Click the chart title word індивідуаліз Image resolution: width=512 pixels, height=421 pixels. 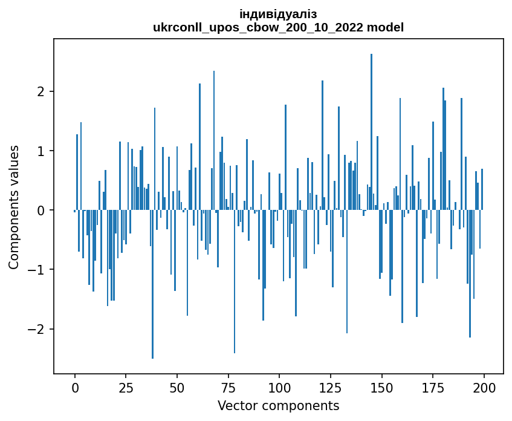click(278, 14)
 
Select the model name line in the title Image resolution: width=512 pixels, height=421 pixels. click(278, 27)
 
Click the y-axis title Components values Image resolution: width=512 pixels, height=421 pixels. click(14, 207)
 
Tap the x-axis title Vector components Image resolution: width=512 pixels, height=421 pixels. click(278, 405)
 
